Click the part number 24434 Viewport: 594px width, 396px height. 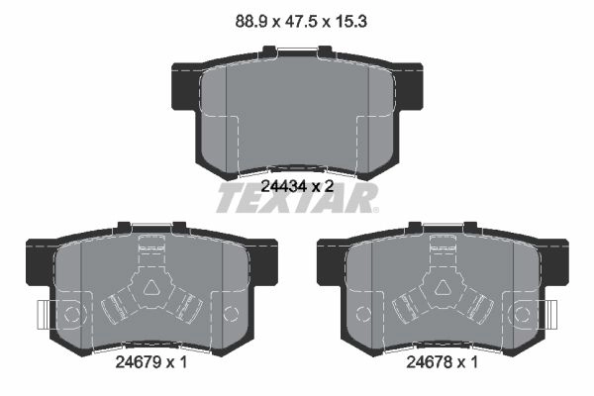pos(284,186)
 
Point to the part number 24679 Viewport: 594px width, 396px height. pos(138,362)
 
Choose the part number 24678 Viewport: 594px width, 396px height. pos(429,362)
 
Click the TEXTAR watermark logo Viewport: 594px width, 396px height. pos(297,198)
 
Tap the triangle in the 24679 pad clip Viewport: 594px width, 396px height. pos(151,287)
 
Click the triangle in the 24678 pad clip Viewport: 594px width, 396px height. pos(444,287)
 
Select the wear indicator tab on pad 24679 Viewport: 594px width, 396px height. pos(44,315)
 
